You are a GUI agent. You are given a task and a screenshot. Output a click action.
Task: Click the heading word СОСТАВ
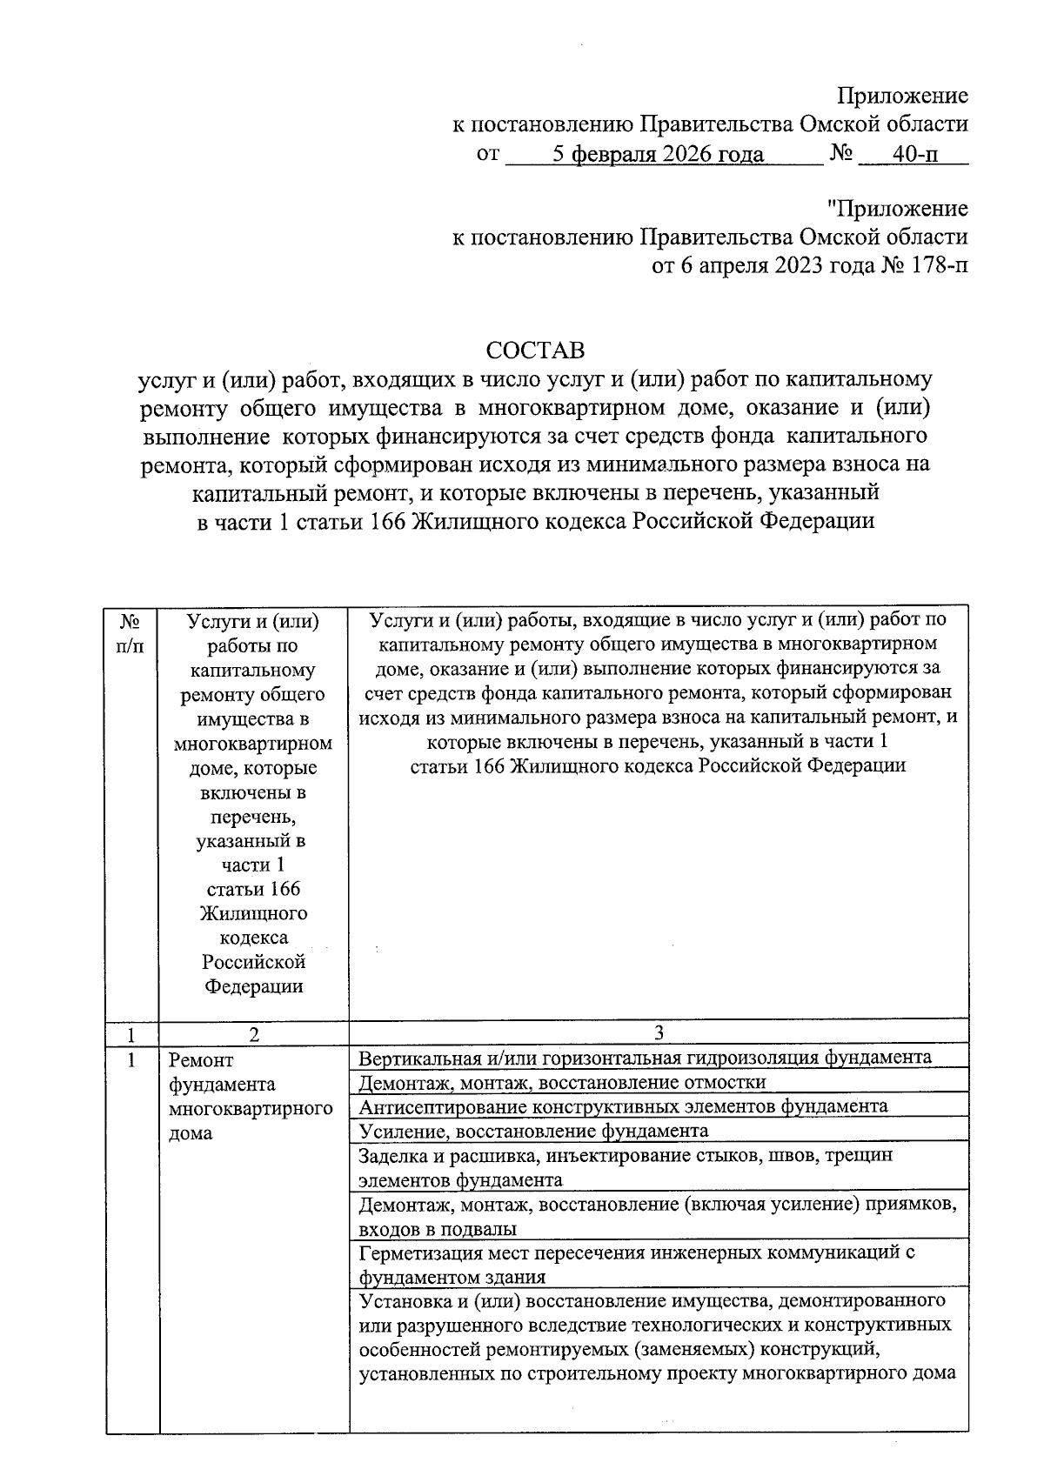535,351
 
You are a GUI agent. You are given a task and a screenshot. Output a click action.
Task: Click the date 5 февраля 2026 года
659,155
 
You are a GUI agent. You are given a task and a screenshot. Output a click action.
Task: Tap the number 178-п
939,265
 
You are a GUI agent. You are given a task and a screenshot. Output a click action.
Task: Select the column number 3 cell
659,1032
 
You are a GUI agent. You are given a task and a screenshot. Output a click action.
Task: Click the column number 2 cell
253,1034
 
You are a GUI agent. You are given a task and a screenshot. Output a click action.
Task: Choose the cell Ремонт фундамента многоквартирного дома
251,1096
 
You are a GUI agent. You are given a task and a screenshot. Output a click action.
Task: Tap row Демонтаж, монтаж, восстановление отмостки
562,1082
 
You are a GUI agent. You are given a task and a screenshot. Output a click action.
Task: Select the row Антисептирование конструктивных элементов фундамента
623,1106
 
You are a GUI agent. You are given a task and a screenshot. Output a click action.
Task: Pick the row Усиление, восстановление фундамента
533,1131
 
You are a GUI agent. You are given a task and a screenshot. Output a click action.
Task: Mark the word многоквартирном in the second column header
253,744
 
